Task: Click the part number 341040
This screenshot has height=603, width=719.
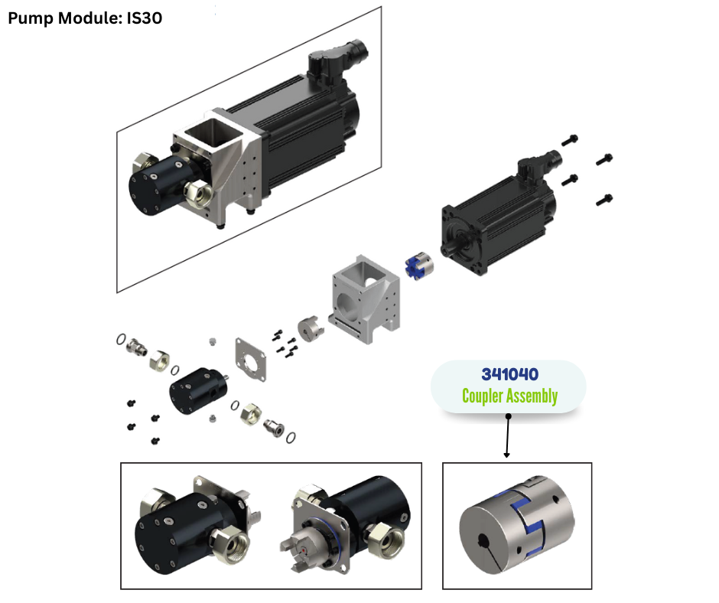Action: point(509,374)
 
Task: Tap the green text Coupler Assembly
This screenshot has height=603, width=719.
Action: point(509,396)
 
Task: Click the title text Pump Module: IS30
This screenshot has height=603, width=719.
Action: point(85,18)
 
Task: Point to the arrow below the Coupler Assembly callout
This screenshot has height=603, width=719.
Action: point(508,436)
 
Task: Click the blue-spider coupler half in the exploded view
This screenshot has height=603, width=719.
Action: point(419,265)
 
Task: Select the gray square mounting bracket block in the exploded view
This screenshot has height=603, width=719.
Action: point(366,298)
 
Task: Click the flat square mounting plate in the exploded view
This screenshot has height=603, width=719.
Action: point(250,360)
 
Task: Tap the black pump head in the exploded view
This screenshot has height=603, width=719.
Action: point(198,390)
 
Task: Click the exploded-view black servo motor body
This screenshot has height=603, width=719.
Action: point(499,217)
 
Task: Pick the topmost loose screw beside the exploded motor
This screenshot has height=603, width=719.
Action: point(570,140)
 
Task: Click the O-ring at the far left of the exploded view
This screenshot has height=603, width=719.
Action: point(121,339)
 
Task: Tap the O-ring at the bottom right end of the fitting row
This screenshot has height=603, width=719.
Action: point(290,438)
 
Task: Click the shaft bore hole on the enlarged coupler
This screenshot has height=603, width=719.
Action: point(483,542)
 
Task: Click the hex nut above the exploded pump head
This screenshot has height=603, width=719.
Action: point(159,360)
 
